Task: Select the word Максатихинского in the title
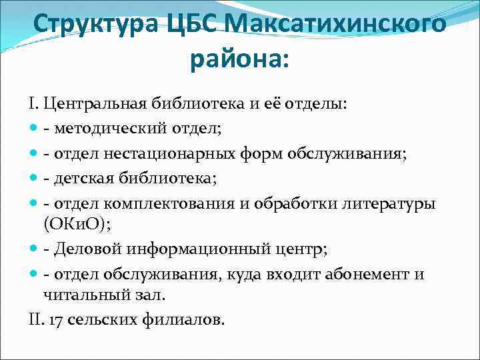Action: tap(337, 25)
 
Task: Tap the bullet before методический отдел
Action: tap(33, 125)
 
